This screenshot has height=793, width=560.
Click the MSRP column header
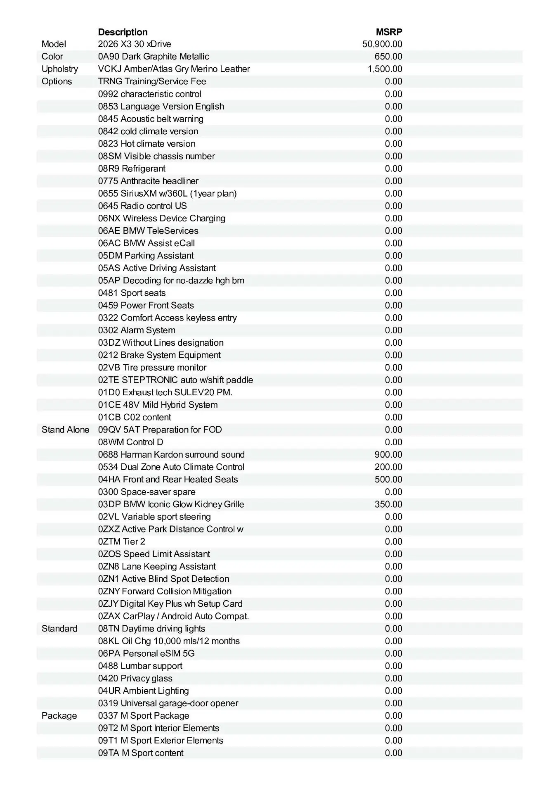click(x=389, y=32)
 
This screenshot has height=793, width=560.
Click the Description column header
click(x=123, y=32)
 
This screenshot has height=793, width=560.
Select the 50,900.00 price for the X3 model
click(x=382, y=44)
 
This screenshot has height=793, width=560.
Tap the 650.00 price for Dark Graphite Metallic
click(x=388, y=57)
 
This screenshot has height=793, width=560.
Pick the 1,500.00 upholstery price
click(x=385, y=69)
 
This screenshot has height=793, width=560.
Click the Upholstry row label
click(x=60, y=69)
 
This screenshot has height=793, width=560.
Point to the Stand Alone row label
click(x=65, y=430)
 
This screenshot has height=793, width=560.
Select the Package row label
click(x=59, y=716)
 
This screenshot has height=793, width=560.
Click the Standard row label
click(x=59, y=629)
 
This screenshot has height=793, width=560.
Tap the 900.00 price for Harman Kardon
click(x=388, y=455)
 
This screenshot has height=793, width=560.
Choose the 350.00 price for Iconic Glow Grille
click(x=388, y=504)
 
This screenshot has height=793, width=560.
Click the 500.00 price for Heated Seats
click(x=388, y=480)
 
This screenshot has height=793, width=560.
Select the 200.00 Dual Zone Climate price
click(x=388, y=467)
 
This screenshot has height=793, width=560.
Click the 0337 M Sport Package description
click(x=144, y=716)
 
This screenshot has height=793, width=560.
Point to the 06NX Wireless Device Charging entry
click(x=162, y=218)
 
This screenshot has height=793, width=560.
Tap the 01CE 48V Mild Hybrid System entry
click(x=158, y=405)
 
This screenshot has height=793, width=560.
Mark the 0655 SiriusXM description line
click(x=167, y=193)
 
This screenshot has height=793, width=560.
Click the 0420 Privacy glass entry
click(x=135, y=678)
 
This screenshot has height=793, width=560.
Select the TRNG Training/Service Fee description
click(x=152, y=81)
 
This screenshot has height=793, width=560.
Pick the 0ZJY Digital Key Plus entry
click(x=170, y=604)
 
